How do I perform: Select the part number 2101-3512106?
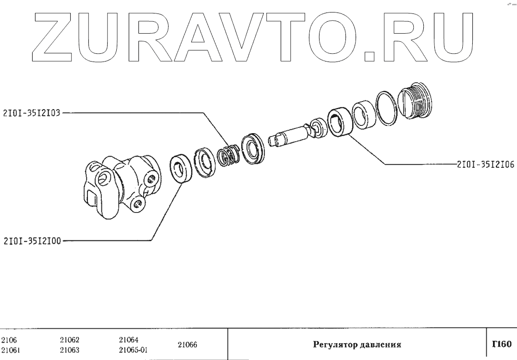485,164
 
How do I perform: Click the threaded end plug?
415,101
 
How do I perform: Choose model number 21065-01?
132,349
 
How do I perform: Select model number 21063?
70,349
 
